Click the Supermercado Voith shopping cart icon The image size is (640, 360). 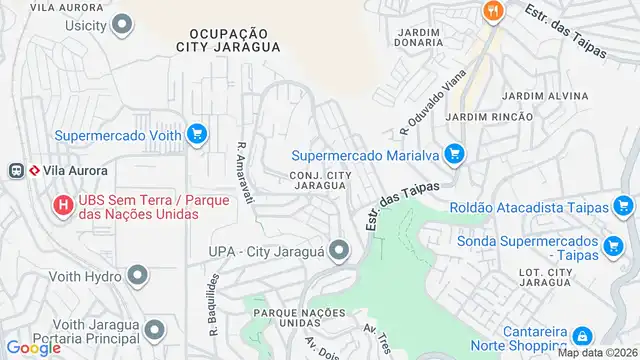point(197,132)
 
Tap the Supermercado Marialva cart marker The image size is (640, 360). point(455,154)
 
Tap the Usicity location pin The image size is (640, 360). point(124,23)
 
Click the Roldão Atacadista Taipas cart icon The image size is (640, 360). point(626,207)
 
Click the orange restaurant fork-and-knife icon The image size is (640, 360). point(492,12)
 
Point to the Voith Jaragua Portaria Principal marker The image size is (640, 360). point(154,330)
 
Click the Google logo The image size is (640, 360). point(32,347)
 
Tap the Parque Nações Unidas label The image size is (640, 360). point(293,318)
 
